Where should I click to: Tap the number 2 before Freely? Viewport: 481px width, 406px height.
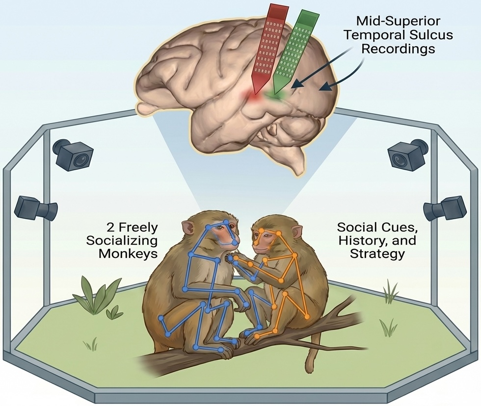click(111, 228)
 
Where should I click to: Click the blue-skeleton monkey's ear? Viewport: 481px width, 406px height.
click(188, 228)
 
